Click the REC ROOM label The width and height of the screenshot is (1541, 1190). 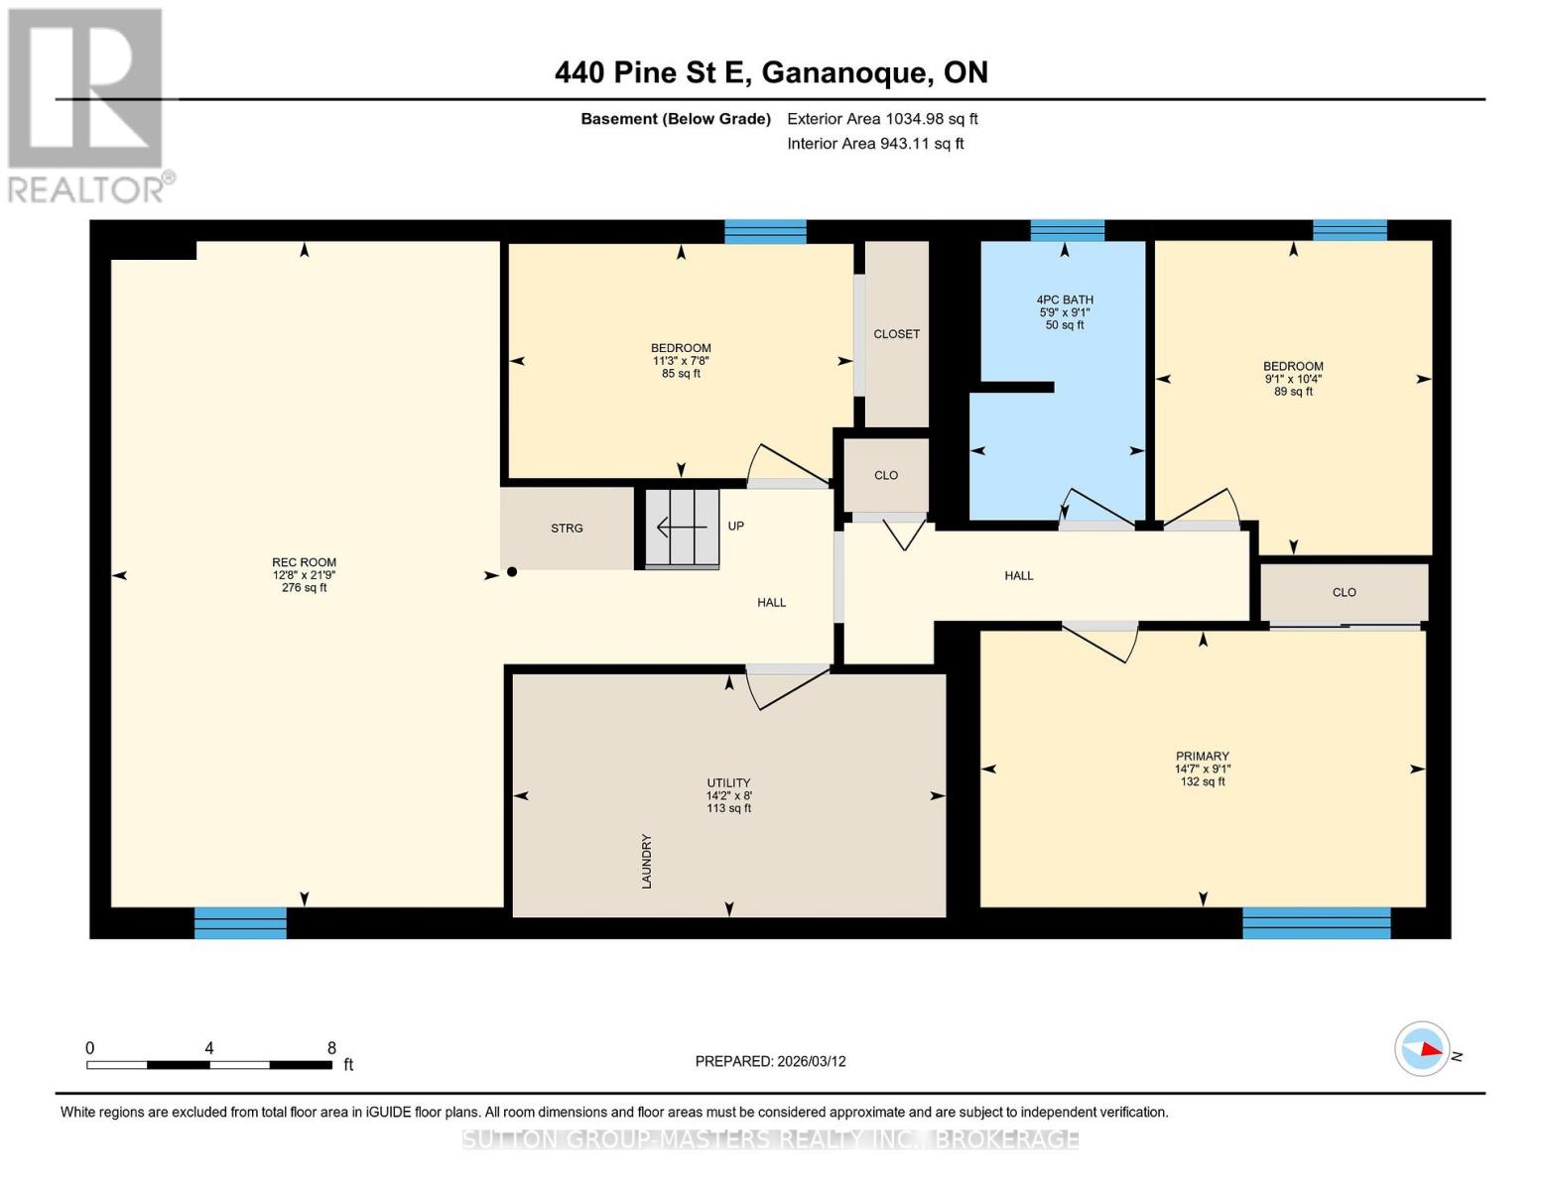304,563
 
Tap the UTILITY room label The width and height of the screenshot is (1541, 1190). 728,783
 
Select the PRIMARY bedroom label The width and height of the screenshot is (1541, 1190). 1202,757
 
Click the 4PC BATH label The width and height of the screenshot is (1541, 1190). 1065,300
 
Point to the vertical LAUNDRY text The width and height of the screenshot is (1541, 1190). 647,861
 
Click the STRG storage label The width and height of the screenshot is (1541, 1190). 567,529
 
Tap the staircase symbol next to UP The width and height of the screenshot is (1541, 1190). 682,528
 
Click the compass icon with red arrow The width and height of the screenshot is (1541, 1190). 1422,1048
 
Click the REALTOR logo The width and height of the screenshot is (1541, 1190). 86,105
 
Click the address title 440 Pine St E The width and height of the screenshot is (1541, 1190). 770,72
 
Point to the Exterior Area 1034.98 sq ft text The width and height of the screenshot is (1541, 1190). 882,119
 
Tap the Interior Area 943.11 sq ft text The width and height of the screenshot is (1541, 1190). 875,144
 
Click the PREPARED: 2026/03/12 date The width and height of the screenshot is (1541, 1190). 770,1061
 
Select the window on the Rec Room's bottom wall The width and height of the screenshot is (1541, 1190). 240,923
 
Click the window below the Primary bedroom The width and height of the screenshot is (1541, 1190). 1316,923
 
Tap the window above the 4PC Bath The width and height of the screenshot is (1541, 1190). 1067,231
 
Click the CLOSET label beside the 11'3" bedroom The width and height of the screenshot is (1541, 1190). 896,334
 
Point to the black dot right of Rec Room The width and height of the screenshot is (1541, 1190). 512,572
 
